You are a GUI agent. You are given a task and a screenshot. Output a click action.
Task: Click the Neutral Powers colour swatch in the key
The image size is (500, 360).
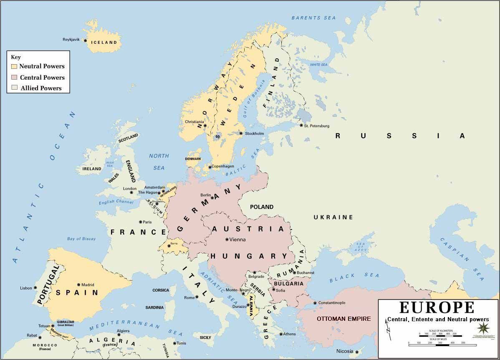point(14,66)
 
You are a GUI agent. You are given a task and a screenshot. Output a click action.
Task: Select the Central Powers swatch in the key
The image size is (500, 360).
point(14,77)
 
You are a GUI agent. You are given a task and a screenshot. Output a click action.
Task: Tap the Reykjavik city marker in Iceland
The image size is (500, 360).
point(85,40)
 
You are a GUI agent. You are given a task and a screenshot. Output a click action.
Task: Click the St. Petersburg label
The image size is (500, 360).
point(317,126)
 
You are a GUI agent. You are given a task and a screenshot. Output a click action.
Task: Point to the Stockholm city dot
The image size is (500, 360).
point(241,133)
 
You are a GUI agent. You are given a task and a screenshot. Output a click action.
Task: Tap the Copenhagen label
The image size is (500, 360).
point(223,166)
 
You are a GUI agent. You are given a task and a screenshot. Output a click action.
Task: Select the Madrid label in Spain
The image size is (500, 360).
point(88,284)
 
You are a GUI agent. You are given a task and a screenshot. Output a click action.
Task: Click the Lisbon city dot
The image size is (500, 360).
point(35,288)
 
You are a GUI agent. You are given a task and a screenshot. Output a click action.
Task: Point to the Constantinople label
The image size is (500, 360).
point(332,302)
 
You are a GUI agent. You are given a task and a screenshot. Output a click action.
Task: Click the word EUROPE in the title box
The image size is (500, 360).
point(437,307)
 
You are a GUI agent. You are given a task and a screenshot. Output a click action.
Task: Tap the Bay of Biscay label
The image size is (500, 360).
point(81,239)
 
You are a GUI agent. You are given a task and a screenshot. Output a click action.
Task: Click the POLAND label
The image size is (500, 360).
point(262,207)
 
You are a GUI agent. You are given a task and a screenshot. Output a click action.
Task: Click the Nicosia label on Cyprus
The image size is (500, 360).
point(345,351)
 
